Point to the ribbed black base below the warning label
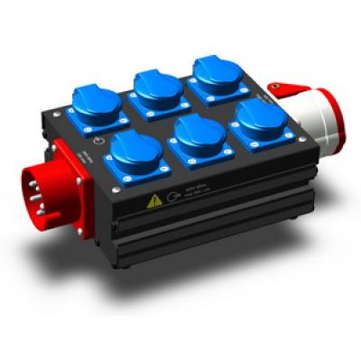point(199,235)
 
